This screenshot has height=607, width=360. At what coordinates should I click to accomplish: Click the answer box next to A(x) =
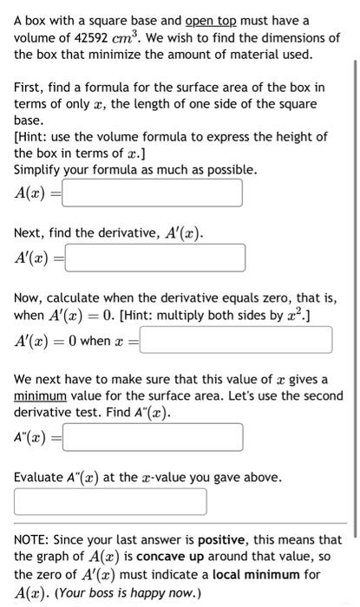point(152,193)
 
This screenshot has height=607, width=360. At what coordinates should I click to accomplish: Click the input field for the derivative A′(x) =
point(154,258)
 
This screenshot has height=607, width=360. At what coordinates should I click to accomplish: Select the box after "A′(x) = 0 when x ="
point(235,340)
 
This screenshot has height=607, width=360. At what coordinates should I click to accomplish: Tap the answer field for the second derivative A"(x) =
point(152,436)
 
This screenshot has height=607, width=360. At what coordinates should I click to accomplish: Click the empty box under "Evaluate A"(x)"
point(110,501)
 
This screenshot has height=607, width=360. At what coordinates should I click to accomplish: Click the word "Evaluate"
point(39,477)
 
